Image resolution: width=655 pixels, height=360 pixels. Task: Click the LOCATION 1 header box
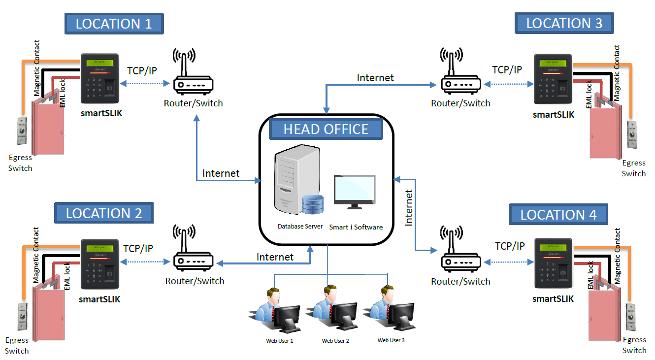(x=114, y=23)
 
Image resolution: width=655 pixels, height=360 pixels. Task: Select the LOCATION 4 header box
(x=558, y=214)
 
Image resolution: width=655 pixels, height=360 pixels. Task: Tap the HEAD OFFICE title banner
(x=326, y=129)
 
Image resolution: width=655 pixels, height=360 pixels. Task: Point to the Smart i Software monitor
(x=354, y=190)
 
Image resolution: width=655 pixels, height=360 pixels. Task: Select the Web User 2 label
(x=335, y=341)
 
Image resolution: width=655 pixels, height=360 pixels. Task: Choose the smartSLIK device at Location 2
(x=100, y=265)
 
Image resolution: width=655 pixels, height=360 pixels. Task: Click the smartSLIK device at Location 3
(x=553, y=81)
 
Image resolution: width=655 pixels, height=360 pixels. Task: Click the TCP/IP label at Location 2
(x=138, y=248)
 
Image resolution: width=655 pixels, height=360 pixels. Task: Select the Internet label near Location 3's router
(x=375, y=77)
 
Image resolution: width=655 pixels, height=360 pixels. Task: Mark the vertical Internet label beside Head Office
(x=409, y=207)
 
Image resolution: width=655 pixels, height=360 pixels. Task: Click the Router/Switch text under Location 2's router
(x=195, y=281)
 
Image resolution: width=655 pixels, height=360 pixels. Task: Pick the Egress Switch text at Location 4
(x=634, y=345)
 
